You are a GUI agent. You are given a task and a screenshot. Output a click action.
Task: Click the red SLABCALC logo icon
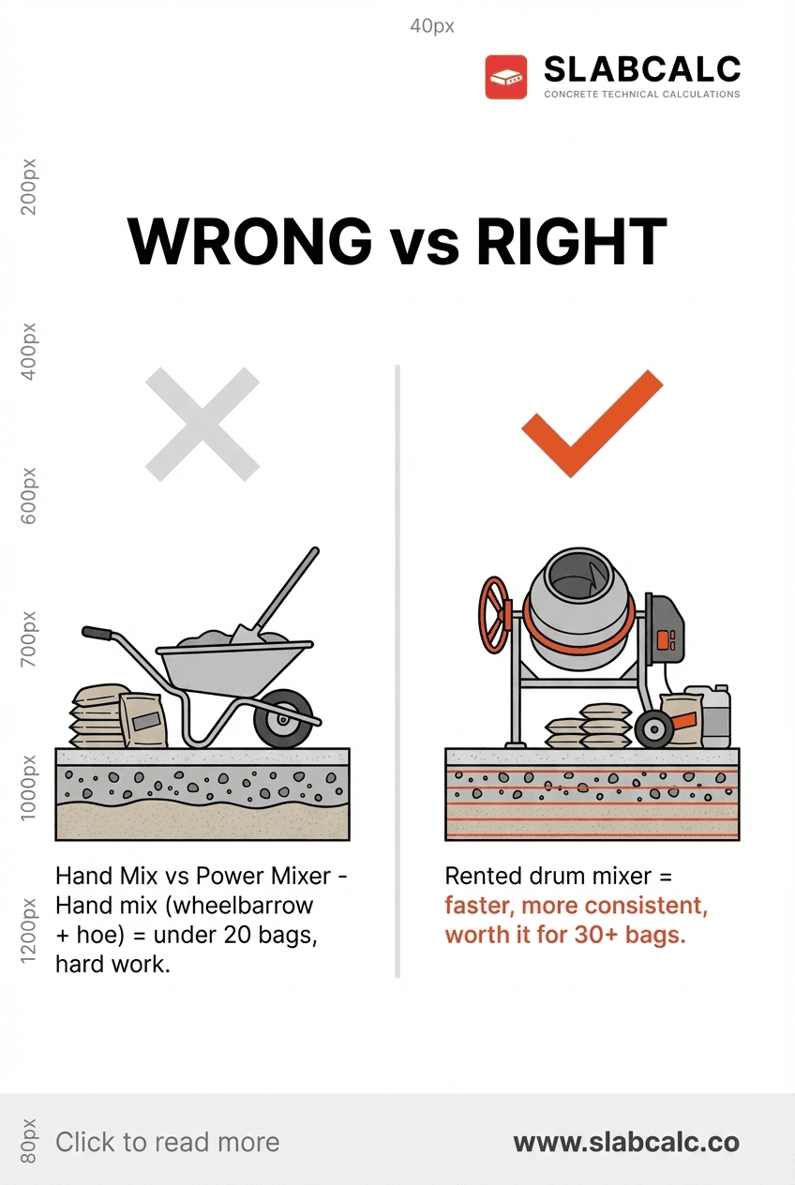point(506,77)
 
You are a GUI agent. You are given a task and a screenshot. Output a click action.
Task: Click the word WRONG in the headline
point(249,242)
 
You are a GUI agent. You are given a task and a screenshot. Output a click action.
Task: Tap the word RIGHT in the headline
point(571,242)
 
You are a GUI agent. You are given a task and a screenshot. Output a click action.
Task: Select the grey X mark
point(202,425)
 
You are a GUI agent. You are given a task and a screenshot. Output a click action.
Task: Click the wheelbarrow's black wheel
point(283,718)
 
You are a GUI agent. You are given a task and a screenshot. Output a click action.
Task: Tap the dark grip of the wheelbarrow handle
point(97,633)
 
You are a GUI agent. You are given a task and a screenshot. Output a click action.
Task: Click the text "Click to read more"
point(167,1142)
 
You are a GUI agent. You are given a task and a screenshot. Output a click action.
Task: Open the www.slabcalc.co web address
point(626,1143)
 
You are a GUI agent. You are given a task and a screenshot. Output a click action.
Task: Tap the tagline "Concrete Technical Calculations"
point(641,95)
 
